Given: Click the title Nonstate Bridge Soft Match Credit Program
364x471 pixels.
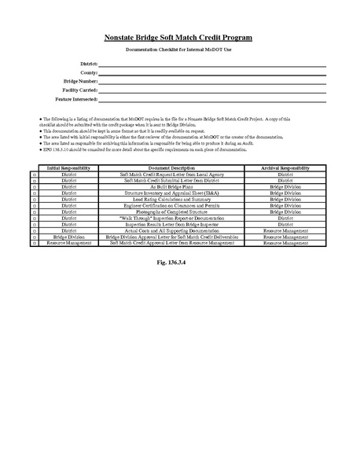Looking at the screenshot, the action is pos(178,38).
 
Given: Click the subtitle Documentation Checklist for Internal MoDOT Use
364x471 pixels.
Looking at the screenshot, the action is pos(178,50).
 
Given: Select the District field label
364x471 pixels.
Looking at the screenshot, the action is pos(89,62).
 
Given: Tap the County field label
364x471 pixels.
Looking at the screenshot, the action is pos(88,72).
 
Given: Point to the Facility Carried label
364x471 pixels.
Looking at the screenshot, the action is pos(79,90).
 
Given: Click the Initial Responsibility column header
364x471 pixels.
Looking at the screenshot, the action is pos(68,168).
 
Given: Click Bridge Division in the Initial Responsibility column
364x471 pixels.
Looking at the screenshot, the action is pos(68,237).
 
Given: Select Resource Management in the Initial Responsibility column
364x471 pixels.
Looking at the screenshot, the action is pos(68,243).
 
